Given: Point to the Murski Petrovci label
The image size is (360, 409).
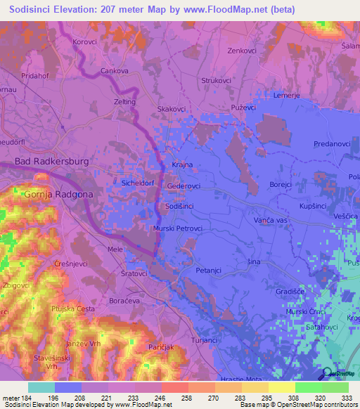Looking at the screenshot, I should coord(178,228).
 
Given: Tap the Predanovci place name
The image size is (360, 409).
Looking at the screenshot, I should coord(312,143).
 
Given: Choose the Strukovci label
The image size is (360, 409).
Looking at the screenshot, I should coord(216,80).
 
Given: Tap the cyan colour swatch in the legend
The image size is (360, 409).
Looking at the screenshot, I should coord(41,387).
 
